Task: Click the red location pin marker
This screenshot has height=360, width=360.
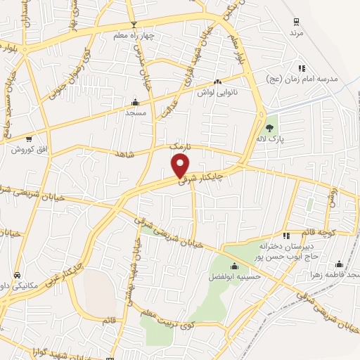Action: pos(181,166)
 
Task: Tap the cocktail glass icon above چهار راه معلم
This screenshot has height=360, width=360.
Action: pos(124,25)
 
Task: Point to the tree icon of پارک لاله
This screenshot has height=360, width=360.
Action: pos(270,127)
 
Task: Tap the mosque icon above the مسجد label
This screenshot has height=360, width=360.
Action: pos(135,101)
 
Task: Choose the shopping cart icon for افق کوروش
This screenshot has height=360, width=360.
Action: pos(29,139)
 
